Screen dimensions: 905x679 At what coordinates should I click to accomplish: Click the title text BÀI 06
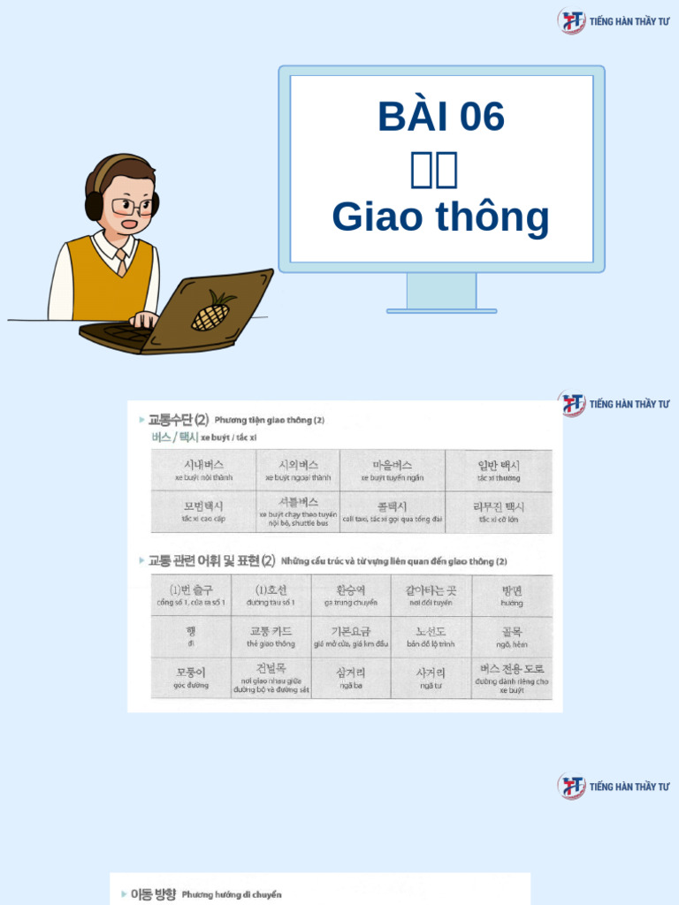coord(441,117)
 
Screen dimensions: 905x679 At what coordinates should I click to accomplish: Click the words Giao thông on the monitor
coord(440,217)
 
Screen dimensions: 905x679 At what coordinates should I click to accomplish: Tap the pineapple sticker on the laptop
coord(212,310)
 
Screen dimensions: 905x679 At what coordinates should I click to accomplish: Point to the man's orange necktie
coord(120,261)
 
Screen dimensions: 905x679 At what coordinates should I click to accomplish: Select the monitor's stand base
coord(441,310)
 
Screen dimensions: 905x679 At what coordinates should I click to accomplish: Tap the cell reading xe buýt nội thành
coord(203,470)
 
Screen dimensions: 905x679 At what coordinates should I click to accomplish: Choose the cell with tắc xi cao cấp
coord(203,512)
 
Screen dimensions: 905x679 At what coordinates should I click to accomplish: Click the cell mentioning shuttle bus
coord(298,512)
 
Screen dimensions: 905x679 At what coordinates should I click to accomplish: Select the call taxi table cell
coord(392,512)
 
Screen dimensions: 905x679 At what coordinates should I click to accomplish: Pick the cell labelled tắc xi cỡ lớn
coord(500,512)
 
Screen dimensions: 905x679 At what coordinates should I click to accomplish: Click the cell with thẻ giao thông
coord(271,636)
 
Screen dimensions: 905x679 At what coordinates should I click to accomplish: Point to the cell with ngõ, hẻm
coord(511,636)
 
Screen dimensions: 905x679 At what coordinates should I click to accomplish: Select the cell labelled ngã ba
coord(350,678)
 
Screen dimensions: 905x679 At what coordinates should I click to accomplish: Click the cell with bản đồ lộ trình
coord(431,636)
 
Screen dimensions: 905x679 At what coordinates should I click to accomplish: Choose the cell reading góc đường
coord(191,678)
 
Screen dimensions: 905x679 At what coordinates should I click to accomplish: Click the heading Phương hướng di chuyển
coord(232,894)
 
